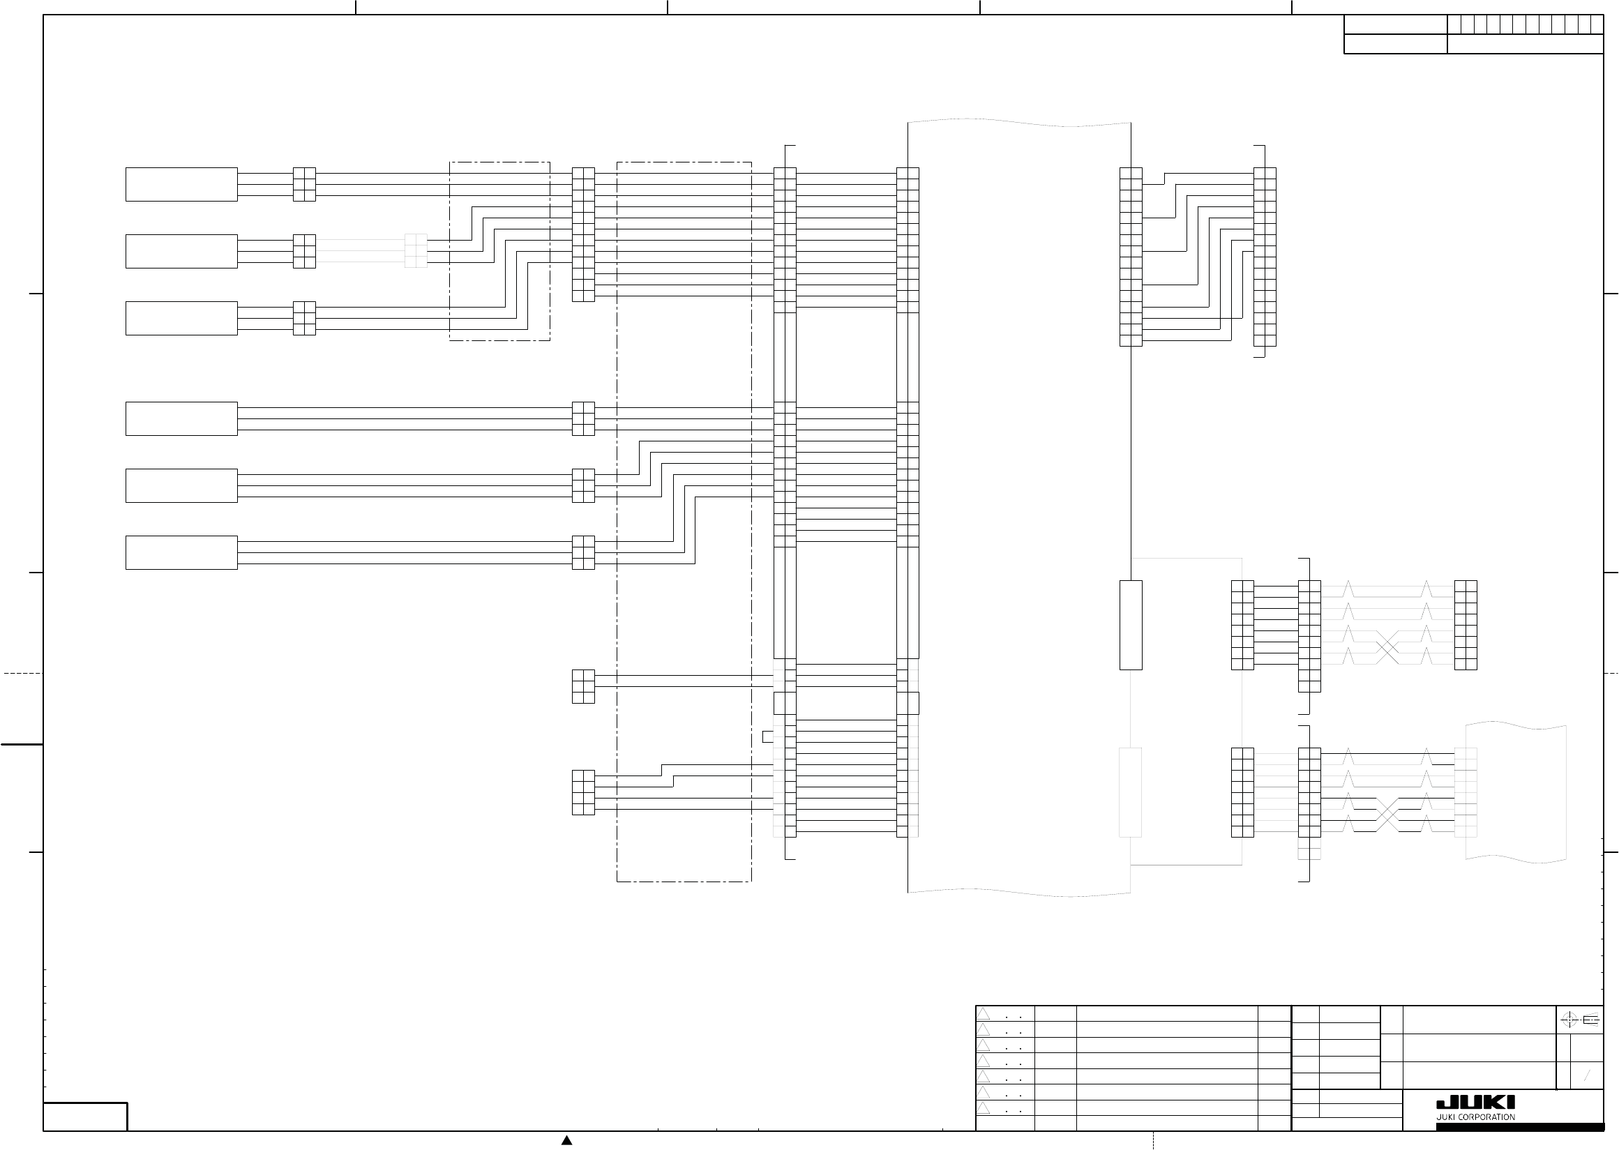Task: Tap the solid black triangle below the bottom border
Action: click(566, 1140)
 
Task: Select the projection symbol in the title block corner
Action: click(1579, 1020)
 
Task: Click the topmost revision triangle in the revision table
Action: click(984, 1013)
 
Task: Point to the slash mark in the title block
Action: click(1586, 1076)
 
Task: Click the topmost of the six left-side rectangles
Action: click(181, 184)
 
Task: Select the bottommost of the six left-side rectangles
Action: click(181, 552)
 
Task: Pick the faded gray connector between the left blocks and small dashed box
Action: click(416, 250)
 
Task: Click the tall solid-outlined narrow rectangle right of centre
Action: click(1130, 625)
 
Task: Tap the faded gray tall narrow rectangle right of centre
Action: click(1130, 792)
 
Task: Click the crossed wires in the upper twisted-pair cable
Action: click(1387, 647)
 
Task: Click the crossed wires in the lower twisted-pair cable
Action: click(1387, 815)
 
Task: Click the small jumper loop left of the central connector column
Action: click(767, 736)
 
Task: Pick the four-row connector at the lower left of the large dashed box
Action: click(583, 792)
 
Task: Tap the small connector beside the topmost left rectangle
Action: click(304, 184)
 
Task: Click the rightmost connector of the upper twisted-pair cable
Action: click(1466, 625)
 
